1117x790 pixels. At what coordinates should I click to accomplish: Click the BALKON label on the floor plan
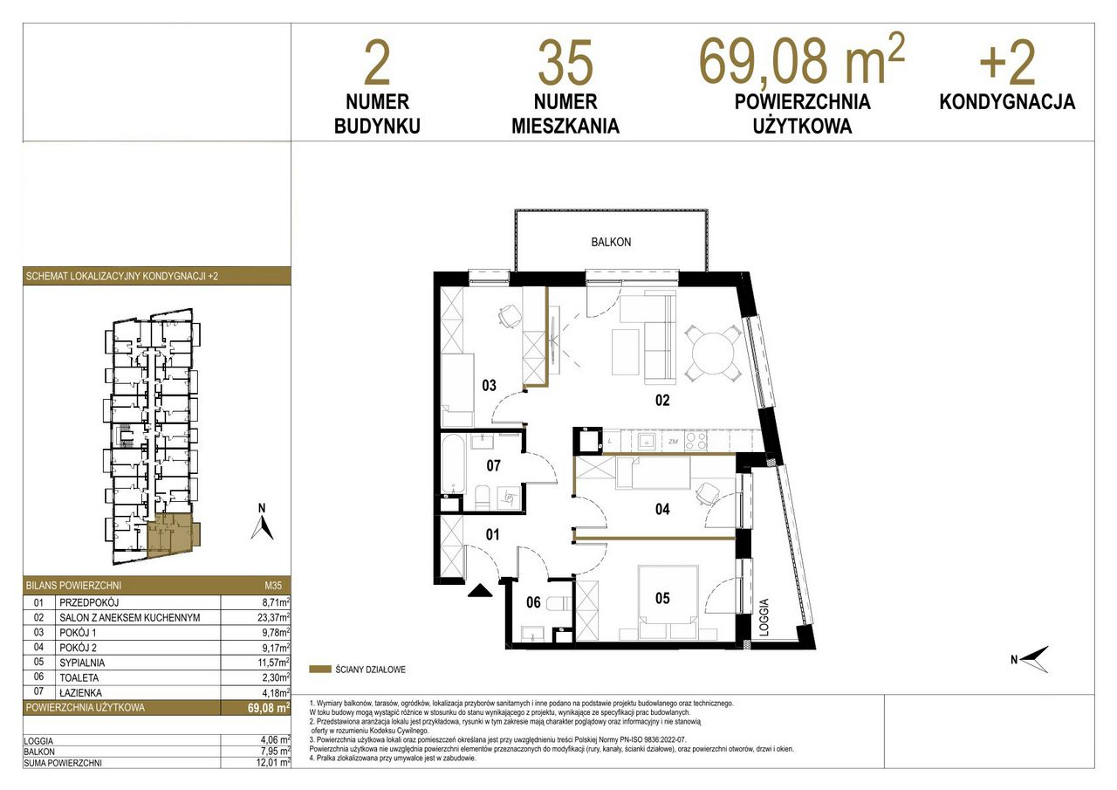coord(611,242)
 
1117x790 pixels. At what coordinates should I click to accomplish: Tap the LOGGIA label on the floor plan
coord(764,617)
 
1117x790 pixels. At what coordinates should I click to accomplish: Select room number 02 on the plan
coord(662,400)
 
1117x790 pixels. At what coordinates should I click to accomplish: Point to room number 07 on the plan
coord(493,465)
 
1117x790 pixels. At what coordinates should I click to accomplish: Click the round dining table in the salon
coord(713,354)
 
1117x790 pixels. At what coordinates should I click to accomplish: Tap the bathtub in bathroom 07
coord(453,464)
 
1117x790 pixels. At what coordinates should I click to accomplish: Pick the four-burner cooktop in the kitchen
coord(696,441)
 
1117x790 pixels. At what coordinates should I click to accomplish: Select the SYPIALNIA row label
coord(82,663)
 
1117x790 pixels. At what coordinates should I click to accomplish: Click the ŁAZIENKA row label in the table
coord(81,692)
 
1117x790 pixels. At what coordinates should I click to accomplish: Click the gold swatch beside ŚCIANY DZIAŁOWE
coord(320,670)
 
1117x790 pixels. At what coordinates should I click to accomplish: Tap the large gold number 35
coord(565,63)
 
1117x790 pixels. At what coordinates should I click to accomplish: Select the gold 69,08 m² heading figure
coord(802,58)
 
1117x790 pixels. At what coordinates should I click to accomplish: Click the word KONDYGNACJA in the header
coord(1007,102)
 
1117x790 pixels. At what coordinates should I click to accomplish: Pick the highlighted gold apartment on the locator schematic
coord(172,536)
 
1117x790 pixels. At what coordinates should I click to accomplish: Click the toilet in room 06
coord(559,604)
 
